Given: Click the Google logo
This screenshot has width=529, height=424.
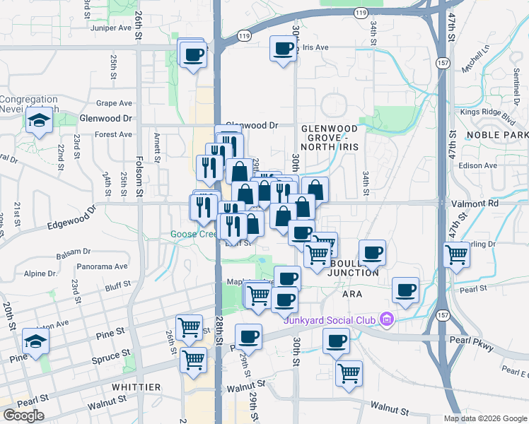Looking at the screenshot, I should coord(23,416).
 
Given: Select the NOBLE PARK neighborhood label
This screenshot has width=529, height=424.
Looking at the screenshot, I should coord(497,134).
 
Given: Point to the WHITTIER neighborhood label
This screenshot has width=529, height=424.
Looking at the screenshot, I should coord(136,387).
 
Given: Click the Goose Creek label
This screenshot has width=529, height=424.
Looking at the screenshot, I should coord(193,234).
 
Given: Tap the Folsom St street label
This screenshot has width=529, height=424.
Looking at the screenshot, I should coord(140,180).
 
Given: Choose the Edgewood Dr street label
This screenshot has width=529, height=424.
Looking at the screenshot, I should coord(70,218).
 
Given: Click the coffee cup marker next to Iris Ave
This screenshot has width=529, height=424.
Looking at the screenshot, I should coord(284,49).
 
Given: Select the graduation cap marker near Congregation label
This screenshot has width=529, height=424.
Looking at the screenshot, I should coord(38,120).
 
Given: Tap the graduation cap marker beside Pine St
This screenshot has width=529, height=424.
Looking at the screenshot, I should coord(35,341).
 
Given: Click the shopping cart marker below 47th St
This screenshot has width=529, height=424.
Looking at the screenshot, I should coord(457,254).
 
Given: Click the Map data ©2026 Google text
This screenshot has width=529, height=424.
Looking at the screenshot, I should coord(484,418).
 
